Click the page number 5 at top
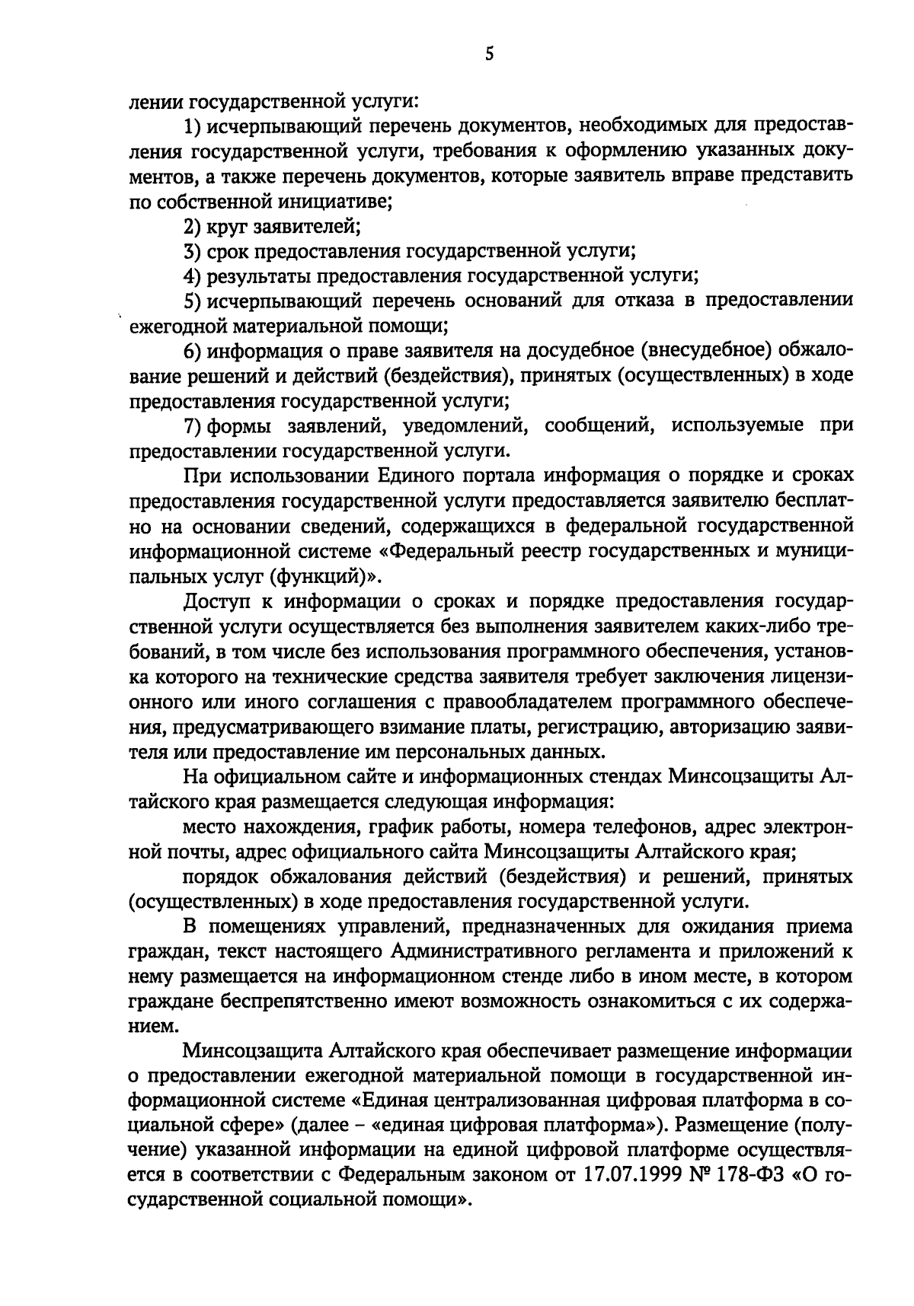click(490, 53)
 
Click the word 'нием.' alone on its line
click(152, 1027)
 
